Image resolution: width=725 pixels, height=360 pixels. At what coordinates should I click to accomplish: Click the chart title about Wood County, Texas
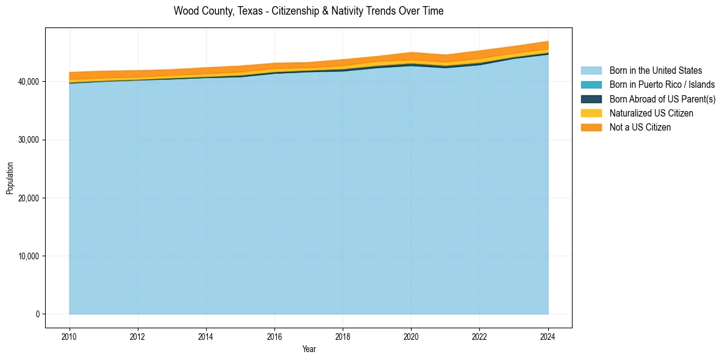point(309,11)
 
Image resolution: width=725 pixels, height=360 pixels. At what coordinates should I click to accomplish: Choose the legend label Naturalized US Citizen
point(651,113)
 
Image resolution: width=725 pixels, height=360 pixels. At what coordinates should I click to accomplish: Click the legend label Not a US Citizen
point(640,127)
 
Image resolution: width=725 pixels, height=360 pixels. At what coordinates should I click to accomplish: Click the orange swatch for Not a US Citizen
point(591,127)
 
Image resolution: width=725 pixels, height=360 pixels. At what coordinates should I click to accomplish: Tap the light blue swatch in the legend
point(591,71)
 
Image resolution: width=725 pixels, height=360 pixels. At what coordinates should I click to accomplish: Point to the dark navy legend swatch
point(591,99)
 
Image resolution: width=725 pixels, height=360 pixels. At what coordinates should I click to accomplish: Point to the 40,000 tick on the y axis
point(29,82)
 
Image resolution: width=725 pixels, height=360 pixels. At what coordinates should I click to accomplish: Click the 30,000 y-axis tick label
point(29,140)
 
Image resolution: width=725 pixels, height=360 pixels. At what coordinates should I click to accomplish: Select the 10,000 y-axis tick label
point(29,256)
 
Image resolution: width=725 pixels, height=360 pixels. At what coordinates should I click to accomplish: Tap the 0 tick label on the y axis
point(37,314)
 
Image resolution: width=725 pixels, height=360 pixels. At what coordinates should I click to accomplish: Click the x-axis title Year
point(309,349)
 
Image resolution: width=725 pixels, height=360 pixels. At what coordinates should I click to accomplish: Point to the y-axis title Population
point(10,178)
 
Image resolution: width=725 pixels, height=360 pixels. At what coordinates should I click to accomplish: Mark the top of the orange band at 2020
point(412,52)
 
